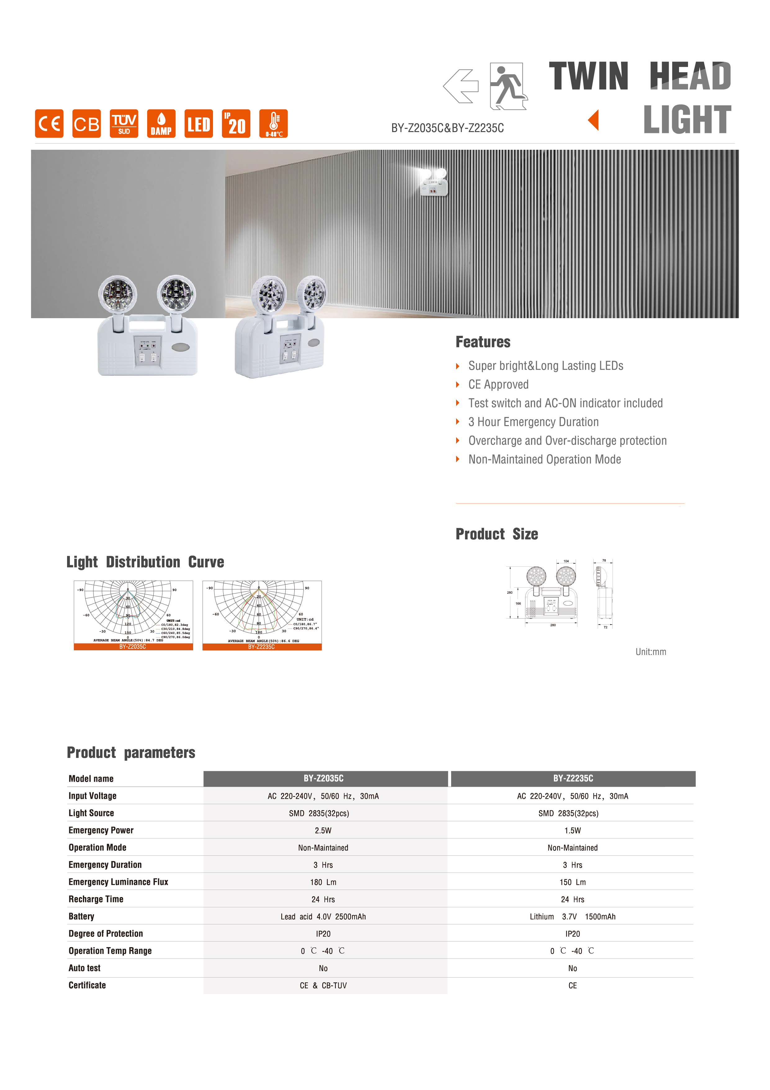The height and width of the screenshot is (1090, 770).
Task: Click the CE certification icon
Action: pyautogui.click(x=49, y=123)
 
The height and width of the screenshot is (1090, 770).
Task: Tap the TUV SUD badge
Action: pyautogui.click(x=124, y=123)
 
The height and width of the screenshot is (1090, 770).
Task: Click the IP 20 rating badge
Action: pyautogui.click(x=236, y=123)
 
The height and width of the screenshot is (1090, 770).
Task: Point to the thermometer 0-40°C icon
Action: pyautogui.click(x=273, y=123)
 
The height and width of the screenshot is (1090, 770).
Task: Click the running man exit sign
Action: pyautogui.click(x=508, y=86)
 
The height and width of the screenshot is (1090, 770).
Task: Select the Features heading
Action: pyautogui.click(x=483, y=342)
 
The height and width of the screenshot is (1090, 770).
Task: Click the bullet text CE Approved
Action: pyautogui.click(x=498, y=385)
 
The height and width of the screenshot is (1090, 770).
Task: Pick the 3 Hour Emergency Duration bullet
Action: pyautogui.click(x=533, y=422)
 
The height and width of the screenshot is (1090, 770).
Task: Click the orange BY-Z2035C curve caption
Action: pyautogui.click(x=133, y=647)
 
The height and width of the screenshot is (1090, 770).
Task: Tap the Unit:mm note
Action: pyautogui.click(x=650, y=652)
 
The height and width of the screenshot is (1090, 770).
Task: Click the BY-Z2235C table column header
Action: pyautogui.click(x=573, y=779)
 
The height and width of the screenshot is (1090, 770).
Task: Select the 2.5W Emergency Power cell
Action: pyautogui.click(x=323, y=830)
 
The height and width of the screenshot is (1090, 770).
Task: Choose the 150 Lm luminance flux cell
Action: pyautogui.click(x=573, y=882)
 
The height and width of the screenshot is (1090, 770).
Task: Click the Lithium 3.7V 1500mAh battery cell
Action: pyautogui.click(x=573, y=917)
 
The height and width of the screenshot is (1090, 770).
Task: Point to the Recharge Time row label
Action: pyautogui.click(x=96, y=899)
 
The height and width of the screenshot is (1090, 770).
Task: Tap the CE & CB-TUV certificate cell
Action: pyautogui.click(x=323, y=986)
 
